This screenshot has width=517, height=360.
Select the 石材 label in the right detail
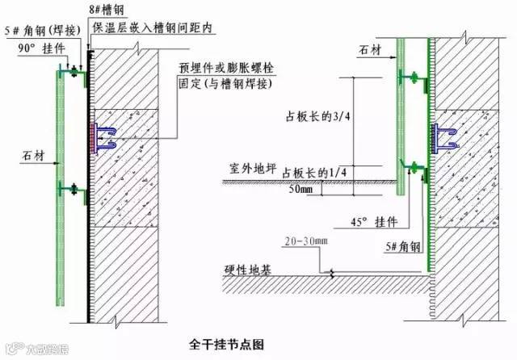[368, 51]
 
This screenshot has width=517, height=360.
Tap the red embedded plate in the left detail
[97, 138]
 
